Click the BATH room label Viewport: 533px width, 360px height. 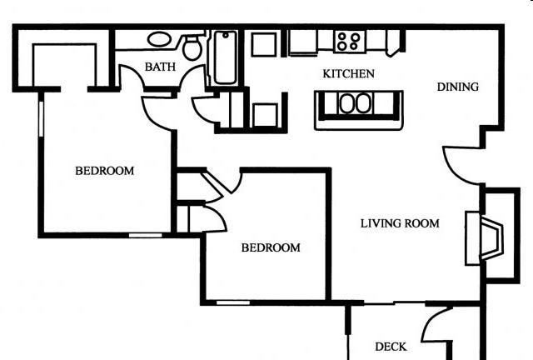160,67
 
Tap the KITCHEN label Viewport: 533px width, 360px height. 348,73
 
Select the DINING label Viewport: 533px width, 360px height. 457,87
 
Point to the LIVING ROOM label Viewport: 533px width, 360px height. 400,223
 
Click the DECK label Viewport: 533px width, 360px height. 391,347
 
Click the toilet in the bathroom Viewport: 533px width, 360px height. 192,47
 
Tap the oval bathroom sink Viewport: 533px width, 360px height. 159,39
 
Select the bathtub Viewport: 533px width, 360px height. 226,57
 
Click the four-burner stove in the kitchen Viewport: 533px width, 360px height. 350,42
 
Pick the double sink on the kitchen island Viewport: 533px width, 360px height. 356,103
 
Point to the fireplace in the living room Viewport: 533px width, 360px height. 485,237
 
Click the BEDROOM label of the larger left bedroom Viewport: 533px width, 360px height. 105,171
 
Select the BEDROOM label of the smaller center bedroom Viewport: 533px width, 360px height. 271,247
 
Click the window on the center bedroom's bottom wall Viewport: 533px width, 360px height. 233,302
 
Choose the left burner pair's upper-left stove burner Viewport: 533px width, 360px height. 342,36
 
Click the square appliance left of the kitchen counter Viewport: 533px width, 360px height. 264,44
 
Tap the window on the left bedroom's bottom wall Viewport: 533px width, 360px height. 146,235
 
